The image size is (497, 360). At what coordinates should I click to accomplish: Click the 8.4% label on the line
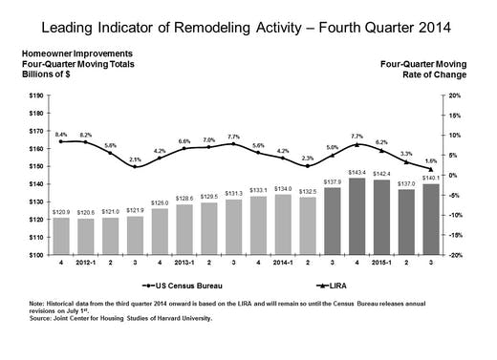coord(62,135)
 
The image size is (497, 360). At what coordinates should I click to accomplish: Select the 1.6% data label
coord(431,160)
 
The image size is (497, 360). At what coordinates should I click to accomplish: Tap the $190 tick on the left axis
coord(32,95)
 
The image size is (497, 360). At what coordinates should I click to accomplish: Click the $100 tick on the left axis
coord(32,255)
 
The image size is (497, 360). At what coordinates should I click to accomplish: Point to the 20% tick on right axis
coord(455,95)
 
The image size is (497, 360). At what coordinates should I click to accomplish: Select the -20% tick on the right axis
coord(456,255)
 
